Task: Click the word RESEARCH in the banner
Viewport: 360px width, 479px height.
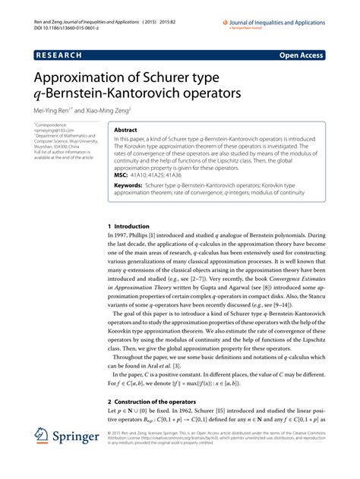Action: [x=64, y=55]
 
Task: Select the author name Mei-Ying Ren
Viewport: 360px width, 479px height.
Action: [x=59, y=109]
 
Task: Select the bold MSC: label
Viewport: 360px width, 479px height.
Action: [x=121, y=174]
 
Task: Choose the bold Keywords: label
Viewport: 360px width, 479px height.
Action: [x=128, y=185]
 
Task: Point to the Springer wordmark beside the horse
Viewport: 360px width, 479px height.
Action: [x=79, y=439]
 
